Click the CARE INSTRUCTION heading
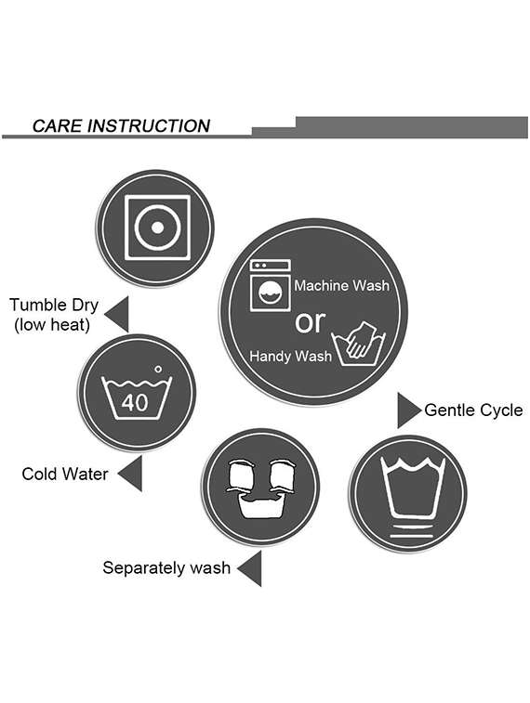(121, 126)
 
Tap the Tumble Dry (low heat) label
(54, 314)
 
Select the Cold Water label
(65, 474)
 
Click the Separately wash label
(166, 567)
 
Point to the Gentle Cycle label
(473, 410)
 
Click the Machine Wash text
(341, 286)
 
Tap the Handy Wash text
(290, 356)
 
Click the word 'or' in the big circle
(310, 321)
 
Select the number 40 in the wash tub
(135, 403)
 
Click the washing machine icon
(271, 285)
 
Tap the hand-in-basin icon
(359, 344)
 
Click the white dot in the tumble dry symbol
(157, 228)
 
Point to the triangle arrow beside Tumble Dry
(116, 314)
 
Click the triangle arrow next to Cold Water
(130, 474)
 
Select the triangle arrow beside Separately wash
(249, 568)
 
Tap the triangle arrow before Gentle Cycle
(409, 410)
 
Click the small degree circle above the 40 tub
(158, 370)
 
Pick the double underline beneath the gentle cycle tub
(412, 531)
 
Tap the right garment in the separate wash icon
(283, 475)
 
